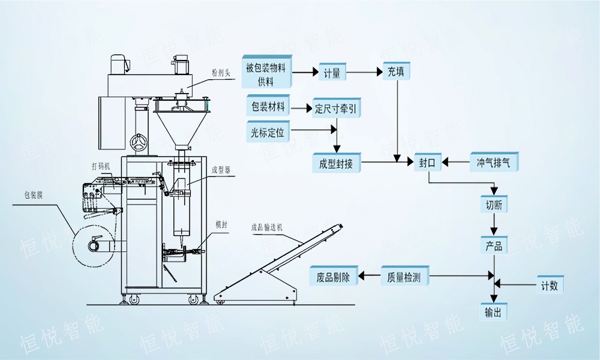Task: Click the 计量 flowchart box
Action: tap(332, 73)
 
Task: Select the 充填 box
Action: tap(395, 72)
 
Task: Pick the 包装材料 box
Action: tap(268, 107)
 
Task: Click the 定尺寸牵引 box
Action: tap(338, 109)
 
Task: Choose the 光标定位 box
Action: tap(268, 131)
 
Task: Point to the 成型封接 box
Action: tap(337, 162)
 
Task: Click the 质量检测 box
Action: tap(404, 277)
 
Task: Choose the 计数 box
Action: tap(549, 285)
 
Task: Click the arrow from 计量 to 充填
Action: tap(364, 73)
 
